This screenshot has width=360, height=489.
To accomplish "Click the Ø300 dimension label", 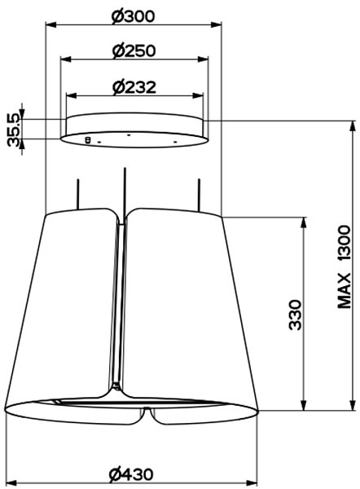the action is pos(133,16).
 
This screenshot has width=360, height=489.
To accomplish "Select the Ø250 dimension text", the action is pos(134,51).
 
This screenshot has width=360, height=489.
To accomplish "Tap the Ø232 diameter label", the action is pos(134,87).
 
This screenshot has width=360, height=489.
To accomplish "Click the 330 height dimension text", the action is pos(295,315).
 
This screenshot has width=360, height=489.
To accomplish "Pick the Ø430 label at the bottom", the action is pos(131,474).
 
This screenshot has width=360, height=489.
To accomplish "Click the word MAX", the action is pos(344,291).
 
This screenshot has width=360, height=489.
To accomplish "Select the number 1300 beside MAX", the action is pos(344,243).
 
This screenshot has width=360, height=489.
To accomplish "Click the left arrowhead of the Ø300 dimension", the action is pos(51,24).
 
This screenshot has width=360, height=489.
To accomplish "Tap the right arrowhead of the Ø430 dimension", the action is pos(251,482).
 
